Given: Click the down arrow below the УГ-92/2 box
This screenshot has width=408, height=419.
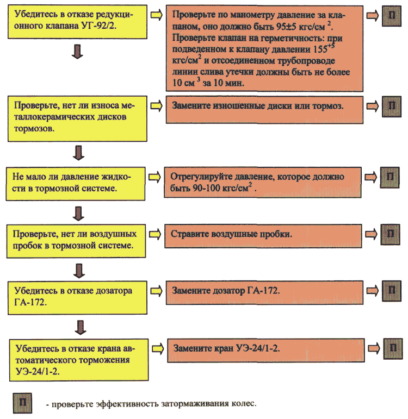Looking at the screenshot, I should pyautogui.click(x=78, y=52).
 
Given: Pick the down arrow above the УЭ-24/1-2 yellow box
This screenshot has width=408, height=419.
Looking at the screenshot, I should pyautogui.click(x=80, y=327).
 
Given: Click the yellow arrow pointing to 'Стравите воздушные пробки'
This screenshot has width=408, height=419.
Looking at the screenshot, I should pyautogui.click(x=155, y=234).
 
